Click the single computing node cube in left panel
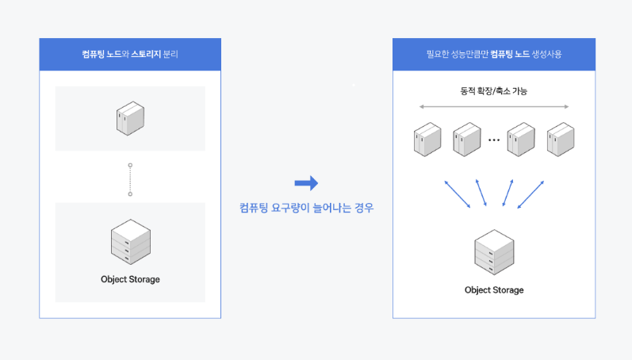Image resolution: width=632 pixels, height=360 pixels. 130,118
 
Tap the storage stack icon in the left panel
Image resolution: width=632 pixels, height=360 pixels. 130,243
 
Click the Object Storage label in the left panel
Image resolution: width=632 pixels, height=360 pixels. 130,279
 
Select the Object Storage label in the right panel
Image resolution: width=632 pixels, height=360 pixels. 494,290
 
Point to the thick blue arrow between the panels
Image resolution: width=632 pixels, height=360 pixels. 306,184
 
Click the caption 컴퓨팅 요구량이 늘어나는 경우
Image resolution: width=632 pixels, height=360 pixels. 306,209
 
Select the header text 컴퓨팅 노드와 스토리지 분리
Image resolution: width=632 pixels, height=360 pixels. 130,55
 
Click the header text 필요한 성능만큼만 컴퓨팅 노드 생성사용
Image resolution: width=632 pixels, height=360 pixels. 493,55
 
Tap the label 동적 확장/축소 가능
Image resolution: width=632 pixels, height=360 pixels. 493,91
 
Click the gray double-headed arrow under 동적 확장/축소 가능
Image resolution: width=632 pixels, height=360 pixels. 493,106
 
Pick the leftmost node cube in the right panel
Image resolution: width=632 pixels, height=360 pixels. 426,139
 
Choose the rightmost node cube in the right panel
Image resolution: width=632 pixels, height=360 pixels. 560,139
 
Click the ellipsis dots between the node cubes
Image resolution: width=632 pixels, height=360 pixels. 494,140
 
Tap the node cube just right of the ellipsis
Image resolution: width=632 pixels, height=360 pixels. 521,139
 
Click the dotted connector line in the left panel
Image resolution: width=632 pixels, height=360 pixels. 130,179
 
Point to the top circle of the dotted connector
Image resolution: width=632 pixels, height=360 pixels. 130,166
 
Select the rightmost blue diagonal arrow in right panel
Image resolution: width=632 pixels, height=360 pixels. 530,194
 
